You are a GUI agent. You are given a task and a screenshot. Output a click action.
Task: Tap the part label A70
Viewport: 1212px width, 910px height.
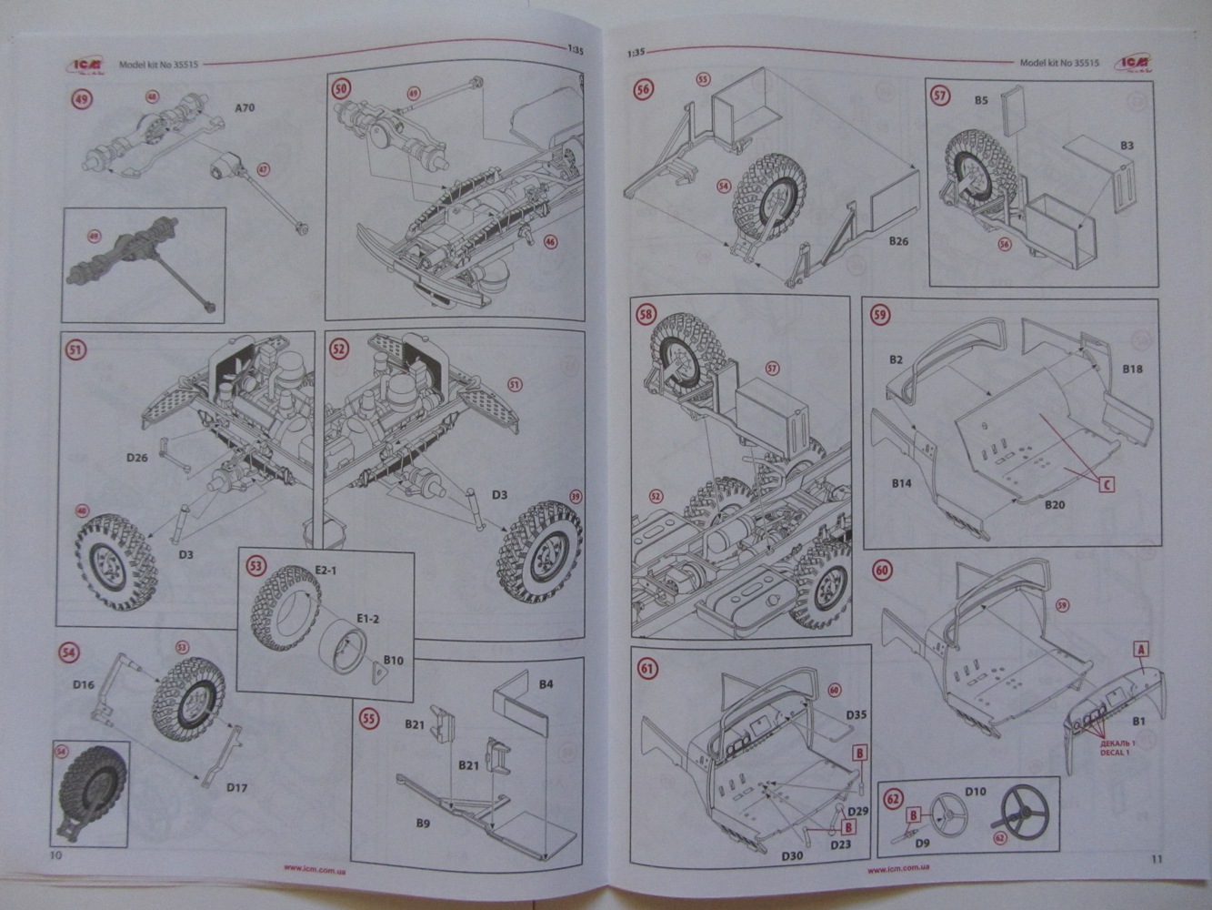click(245, 108)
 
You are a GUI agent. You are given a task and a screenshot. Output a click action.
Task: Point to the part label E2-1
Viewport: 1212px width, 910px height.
click(326, 570)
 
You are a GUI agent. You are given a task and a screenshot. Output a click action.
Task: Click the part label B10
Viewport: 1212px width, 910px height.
click(393, 660)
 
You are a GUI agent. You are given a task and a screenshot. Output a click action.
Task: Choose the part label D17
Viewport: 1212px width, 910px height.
click(237, 787)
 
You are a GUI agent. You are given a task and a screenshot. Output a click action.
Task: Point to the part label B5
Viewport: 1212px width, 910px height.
click(981, 101)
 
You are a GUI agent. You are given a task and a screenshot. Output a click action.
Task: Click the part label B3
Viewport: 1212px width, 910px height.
click(1127, 146)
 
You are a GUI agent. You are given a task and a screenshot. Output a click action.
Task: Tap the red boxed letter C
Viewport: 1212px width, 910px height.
click(1106, 484)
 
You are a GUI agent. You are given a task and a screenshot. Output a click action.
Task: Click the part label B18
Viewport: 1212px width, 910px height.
click(1132, 369)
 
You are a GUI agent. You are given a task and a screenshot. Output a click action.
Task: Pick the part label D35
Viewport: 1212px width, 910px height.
click(855, 715)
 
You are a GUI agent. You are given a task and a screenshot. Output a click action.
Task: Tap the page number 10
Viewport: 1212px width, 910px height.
click(56, 856)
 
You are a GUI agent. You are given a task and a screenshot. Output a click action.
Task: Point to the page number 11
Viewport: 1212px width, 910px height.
click(1156, 858)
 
